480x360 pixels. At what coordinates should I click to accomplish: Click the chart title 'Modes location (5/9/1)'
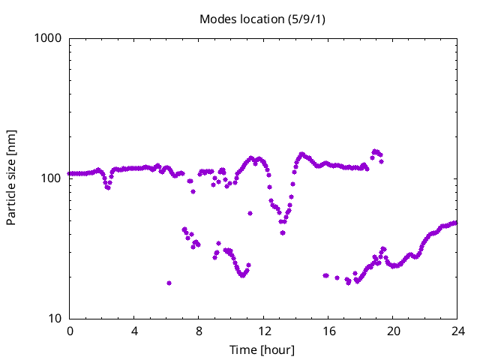tap(262, 19)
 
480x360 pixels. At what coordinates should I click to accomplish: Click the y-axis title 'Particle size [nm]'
tap(11, 178)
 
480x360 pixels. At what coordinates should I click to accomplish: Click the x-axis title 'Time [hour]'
tap(262, 350)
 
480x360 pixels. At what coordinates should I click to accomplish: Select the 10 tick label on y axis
tap(55, 319)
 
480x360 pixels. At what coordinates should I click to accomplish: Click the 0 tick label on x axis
tap(70, 331)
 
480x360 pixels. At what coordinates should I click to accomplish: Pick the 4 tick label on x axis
tap(134, 331)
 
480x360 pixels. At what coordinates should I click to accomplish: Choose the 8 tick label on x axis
tap(199, 331)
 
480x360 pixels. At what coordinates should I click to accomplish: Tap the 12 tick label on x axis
tap(263, 331)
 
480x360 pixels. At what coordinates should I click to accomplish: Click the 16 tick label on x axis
tap(328, 331)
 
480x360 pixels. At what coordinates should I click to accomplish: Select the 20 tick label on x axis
tap(392, 331)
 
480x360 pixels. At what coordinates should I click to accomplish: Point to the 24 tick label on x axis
tap(457, 331)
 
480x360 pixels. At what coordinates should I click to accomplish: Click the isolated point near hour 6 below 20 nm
tap(169, 283)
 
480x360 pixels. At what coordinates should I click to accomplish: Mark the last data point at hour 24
tap(456, 223)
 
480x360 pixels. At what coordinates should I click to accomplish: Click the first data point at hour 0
tap(70, 173)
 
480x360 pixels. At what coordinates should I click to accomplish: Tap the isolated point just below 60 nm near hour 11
tap(250, 213)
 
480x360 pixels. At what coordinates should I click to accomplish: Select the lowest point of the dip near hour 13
tap(283, 232)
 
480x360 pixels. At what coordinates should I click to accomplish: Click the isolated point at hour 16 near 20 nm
tap(325, 275)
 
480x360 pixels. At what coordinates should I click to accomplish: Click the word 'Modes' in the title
tap(217, 19)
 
